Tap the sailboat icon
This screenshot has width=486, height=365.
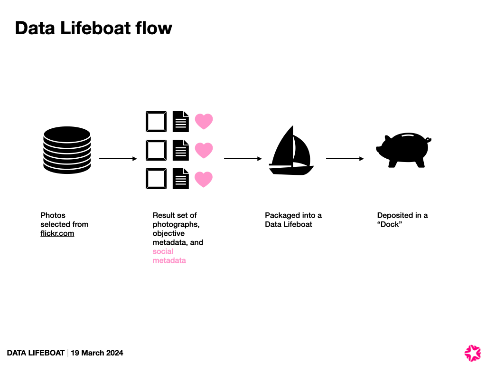291,151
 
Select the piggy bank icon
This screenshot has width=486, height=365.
404,150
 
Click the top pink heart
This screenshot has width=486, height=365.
204,122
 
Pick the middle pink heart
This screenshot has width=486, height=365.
204,150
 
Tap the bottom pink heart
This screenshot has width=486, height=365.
204,179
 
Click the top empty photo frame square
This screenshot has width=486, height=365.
156,122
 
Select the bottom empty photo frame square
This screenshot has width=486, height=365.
156,179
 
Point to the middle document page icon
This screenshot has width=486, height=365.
180,150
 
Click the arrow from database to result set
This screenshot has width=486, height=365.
118,159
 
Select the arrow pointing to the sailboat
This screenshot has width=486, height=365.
243,159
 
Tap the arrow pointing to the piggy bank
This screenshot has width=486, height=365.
345,159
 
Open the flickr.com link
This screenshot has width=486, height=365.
57,233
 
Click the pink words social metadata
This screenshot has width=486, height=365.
169,256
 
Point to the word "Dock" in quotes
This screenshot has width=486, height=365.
389,224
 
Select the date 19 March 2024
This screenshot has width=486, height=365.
97,353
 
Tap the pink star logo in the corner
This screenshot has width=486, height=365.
472,353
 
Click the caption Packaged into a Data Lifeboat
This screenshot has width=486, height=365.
293,220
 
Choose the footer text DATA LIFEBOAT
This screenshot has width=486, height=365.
36,353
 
